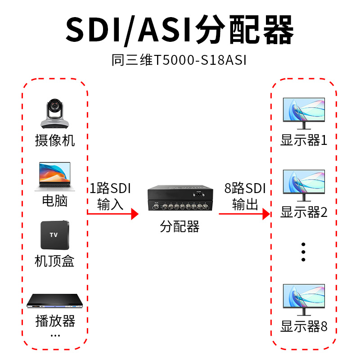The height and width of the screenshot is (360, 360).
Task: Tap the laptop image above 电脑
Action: [x=54, y=177]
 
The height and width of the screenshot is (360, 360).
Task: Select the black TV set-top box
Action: [x=54, y=235]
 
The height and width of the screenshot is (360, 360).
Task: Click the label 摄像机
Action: [x=55, y=140]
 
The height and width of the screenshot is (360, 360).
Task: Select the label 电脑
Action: [x=54, y=201]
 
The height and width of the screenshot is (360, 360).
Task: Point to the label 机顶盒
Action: [x=54, y=261]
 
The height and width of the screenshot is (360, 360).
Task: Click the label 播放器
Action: [x=55, y=321]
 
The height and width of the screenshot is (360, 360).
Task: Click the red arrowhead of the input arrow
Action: [x=134, y=214]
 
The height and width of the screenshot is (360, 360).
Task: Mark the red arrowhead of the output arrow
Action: [x=266, y=214]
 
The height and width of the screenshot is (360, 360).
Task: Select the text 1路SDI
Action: [x=110, y=189]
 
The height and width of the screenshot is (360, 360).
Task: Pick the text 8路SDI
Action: [x=245, y=189]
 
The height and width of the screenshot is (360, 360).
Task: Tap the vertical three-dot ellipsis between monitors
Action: [x=303, y=252]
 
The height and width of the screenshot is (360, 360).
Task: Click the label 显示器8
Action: [x=304, y=326]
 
